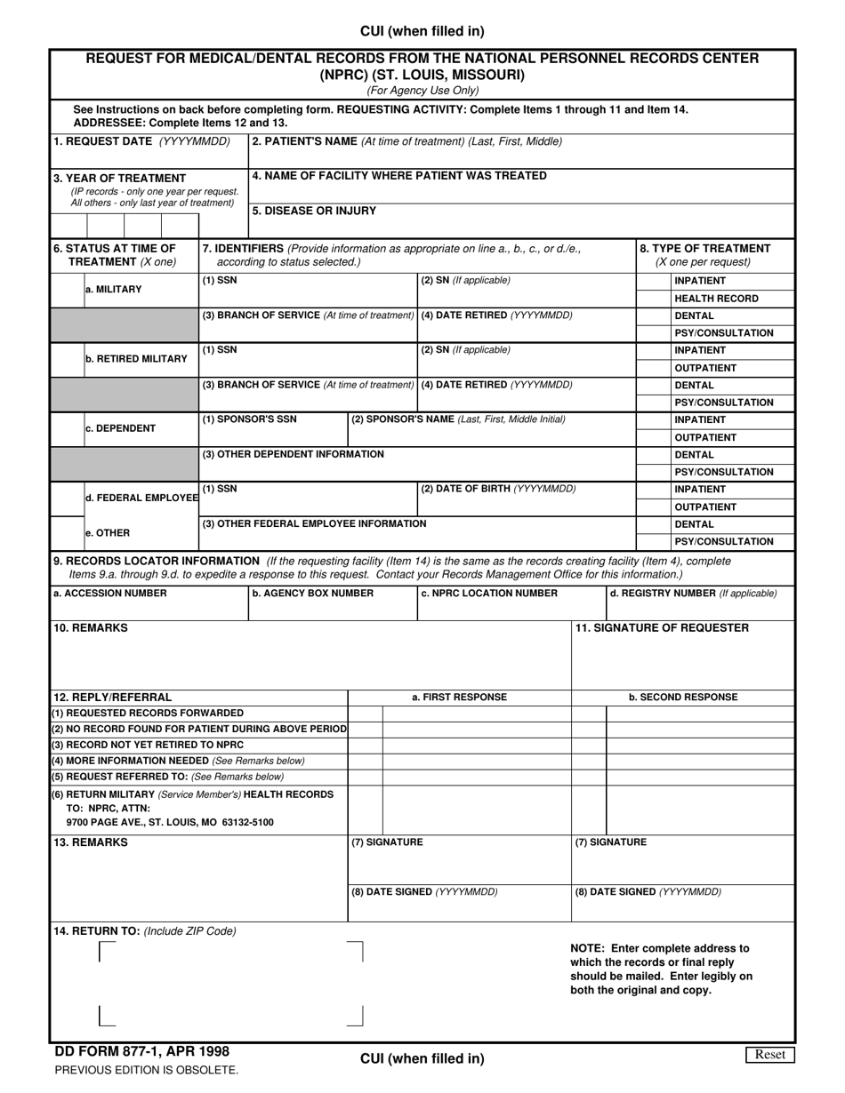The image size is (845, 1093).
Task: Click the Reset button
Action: click(x=769, y=1055)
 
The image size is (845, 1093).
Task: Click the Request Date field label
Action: click(x=141, y=141)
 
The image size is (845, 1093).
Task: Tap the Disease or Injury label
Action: click(x=314, y=211)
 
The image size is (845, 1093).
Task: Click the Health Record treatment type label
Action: click(x=716, y=299)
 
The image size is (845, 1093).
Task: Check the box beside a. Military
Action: click(x=68, y=290)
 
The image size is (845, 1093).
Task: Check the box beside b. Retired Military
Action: click(x=68, y=359)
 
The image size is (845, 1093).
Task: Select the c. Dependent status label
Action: click(x=120, y=428)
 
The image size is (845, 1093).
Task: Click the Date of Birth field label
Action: click(x=498, y=489)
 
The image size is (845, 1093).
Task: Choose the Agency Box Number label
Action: click(x=312, y=593)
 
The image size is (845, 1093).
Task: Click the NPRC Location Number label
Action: click(x=489, y=593)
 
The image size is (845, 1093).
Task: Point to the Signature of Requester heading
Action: click(x=662, y=627)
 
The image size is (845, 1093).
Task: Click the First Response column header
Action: click(x=459, y=698)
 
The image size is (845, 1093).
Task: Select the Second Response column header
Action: click(x=682, y=698)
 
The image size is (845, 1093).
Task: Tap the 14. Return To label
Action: click(x=145, y=930)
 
